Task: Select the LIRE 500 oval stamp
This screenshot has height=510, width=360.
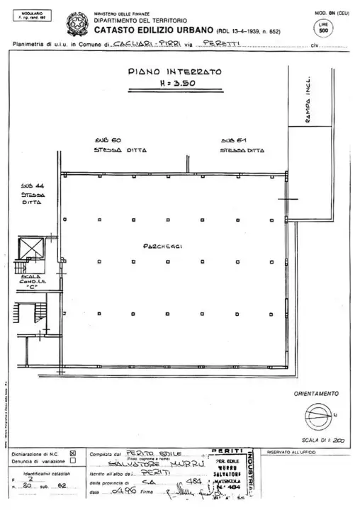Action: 323,29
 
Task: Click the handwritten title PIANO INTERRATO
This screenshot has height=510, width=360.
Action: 175,72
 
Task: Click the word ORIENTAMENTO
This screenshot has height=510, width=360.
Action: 316,394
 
